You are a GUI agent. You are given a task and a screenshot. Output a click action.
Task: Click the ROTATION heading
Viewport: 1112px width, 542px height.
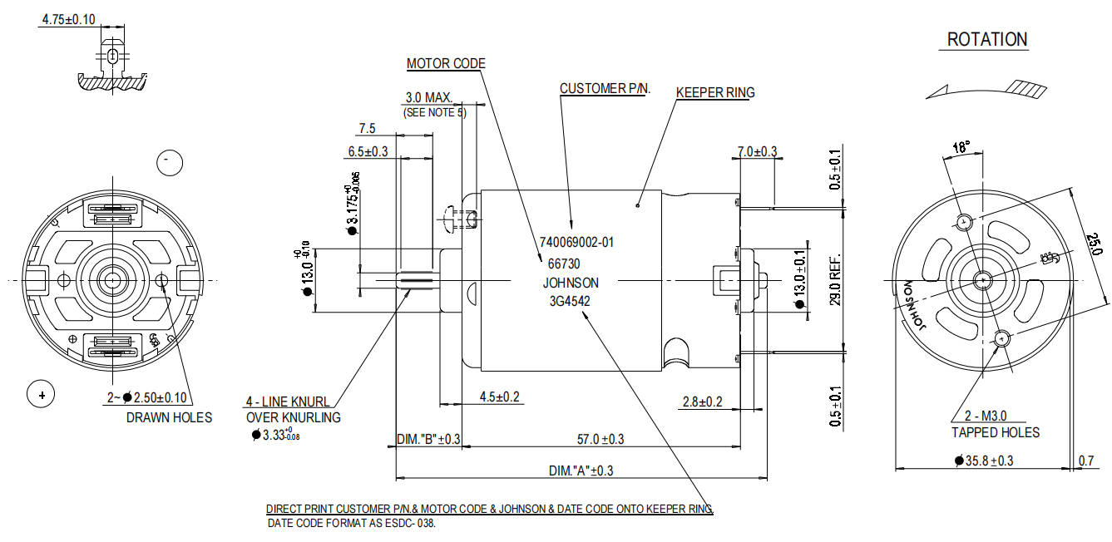pos(987,40)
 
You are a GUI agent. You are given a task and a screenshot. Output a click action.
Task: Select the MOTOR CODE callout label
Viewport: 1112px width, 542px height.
pos(446,63)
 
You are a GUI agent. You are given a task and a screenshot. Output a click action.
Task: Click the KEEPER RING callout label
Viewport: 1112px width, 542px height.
pos(715,92)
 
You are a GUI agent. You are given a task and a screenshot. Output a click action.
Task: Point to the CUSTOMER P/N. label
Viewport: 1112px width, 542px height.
pos(605,88)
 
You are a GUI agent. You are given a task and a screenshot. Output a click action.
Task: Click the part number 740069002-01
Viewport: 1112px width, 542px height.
pos(577,243)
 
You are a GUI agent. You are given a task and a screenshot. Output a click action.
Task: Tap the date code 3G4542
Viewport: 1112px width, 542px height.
pos(570,301)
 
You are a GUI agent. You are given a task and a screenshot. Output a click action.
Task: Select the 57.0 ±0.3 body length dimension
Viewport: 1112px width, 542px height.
pos(600,439)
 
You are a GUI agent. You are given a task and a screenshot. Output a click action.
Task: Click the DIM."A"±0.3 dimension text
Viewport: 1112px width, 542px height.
pos(581,471)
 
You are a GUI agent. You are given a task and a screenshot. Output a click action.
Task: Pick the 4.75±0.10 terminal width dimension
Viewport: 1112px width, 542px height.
pos(68,19)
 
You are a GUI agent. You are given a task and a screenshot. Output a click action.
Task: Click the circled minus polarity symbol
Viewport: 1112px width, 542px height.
pos(170,163)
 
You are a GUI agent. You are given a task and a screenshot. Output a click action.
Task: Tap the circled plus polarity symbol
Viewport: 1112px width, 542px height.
pos(41,395)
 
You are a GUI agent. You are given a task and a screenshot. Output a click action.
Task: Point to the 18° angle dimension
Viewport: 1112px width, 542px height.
pos(961,147)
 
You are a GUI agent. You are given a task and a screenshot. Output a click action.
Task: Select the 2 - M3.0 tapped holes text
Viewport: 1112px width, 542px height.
pos(986,416)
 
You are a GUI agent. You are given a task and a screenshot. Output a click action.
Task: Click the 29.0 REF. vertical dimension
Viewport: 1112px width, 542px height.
pos(836,280)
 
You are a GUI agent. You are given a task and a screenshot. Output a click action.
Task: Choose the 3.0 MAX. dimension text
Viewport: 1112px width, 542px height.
pos(429,97)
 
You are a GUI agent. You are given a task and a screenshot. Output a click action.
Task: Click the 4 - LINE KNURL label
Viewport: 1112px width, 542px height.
pos(288,402)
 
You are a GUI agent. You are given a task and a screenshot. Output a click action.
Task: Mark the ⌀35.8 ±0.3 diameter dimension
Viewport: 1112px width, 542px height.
pos(984,461)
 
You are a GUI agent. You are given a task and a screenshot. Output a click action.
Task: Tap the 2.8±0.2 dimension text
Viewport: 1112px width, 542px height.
pos(703,402)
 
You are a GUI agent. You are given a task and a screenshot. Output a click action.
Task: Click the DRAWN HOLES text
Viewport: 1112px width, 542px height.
pos(170,417)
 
